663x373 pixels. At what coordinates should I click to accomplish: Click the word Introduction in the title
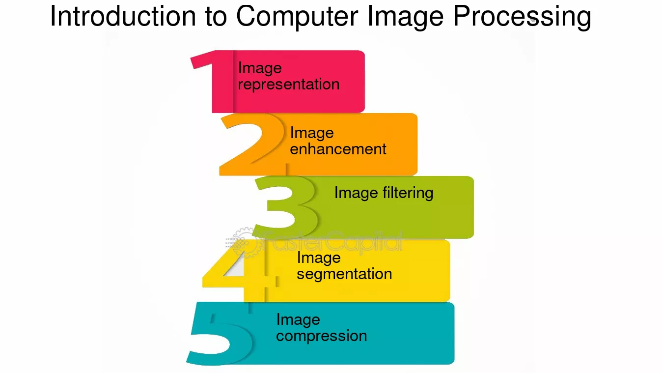pos(123,16)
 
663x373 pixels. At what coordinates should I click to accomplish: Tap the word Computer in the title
pos(297,17)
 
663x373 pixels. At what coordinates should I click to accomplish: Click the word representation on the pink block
pos(289,85)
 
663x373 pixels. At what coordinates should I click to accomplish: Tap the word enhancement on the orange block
pos(338,149)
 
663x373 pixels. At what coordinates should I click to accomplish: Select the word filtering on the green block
pos(408,193)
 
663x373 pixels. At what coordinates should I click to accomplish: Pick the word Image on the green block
pos(356,193)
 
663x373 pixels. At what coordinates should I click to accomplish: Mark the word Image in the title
pos(406,17)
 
